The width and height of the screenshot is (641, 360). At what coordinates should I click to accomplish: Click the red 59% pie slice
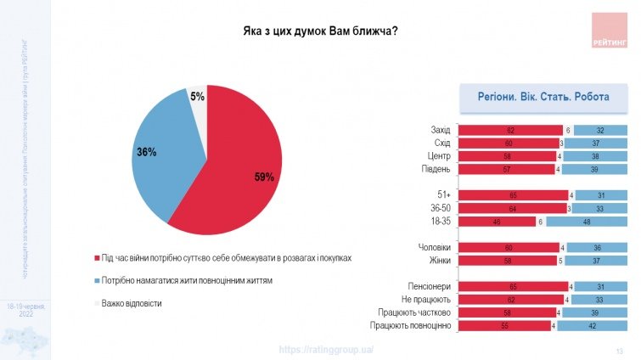242,170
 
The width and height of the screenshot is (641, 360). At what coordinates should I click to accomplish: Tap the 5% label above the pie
197,98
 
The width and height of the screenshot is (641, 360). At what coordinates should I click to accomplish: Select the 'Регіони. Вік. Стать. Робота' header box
543,98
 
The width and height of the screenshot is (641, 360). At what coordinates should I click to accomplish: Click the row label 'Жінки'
438,261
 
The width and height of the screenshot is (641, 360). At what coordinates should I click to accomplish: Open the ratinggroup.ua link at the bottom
327,350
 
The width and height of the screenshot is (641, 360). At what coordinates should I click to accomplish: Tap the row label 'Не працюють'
424,300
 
